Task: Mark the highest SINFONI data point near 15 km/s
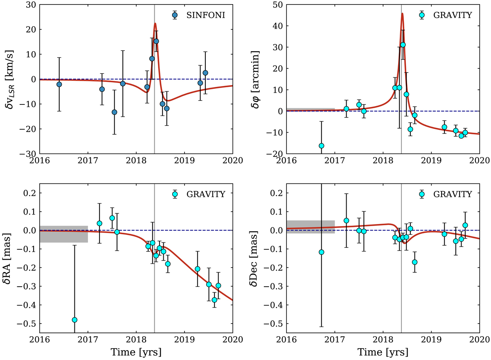coord(156,41)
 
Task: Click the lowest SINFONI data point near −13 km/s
coord(115,112)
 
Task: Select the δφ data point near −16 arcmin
coord(322,146)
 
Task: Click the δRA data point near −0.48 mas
coord(74,320)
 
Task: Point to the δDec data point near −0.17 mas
coord(414,262)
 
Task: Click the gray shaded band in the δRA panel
coord(64,234)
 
